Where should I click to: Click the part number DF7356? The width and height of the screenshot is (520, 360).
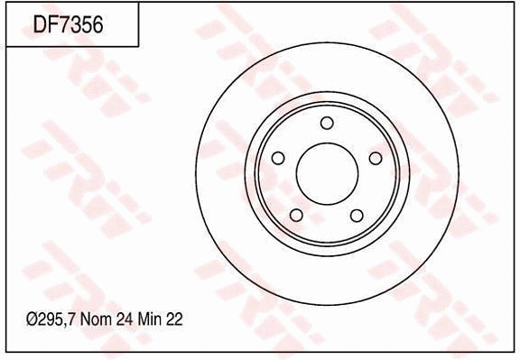point(69,24)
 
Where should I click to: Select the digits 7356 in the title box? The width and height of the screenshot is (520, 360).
point(80,24)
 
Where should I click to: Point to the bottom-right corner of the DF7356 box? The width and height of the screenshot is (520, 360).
point(138,46)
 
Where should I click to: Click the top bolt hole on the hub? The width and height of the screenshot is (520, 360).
point(327,123)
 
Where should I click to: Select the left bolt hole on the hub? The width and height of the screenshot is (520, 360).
point(278,158)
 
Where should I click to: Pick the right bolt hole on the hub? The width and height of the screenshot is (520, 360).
point(376,158)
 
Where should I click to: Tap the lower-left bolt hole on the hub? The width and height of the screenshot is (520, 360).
point(297,215)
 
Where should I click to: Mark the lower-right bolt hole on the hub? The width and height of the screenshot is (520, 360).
point(357,215)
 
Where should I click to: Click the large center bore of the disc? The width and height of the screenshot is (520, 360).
point(327,173)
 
